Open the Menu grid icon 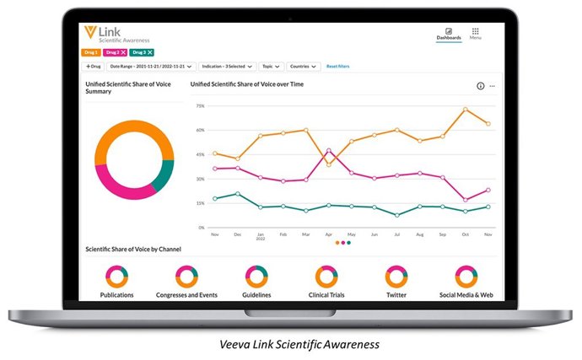click(476, 31)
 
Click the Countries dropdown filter click(303, 66)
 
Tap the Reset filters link click(338, 66)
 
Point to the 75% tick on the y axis click(200, 106)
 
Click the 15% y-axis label click(200, 203)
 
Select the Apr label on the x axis click(329, 234)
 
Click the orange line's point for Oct click(465, 110)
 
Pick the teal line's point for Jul click(397, 215)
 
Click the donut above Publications click(116, 276)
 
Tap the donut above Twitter click(396, 276)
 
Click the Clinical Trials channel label click(326, 295)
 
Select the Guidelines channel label click(256, 295)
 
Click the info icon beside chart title click(481, 86)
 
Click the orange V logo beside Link click(90, 32)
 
